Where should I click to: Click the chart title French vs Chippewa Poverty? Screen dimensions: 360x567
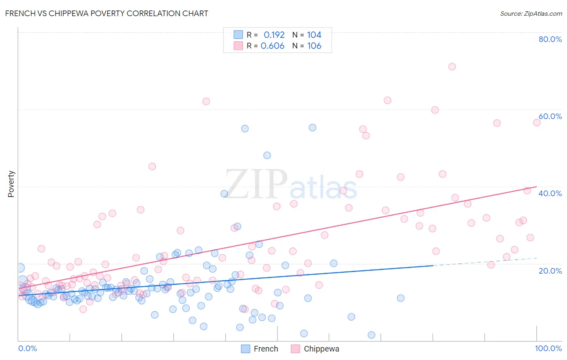click(x=106, y=13)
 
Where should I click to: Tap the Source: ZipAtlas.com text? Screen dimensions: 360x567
click(x=531, y=13)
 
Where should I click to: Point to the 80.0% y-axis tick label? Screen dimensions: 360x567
click(x=550, y=39)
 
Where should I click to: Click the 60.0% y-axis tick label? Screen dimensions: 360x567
click(x=550, y=116)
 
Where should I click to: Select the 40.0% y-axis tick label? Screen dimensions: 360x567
click(x=550, y=193)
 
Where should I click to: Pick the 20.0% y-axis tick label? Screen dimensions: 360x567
click(x=550, y=271)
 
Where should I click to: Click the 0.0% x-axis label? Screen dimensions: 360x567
click(x=27, y=348)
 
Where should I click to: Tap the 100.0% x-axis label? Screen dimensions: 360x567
click(x=548, y=348)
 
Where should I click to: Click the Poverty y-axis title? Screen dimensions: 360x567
click(x=11, y=184)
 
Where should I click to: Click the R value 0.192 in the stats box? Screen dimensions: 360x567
click(x=274, y=35)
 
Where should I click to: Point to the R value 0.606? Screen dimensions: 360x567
click(x=273, y=46)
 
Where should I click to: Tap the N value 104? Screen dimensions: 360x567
click(x=314, y=35)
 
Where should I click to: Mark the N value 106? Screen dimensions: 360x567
click(x=314, y=46)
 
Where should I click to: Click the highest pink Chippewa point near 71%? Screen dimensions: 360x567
click(x=452, y=67)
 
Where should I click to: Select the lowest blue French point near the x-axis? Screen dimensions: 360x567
click(x=371, y=335)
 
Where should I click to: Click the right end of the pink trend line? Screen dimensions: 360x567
click(x=536, y=186)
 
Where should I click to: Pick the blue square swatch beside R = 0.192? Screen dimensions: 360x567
click(x=238, y=35)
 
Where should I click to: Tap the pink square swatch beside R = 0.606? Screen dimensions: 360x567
click(x=238, y=46)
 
